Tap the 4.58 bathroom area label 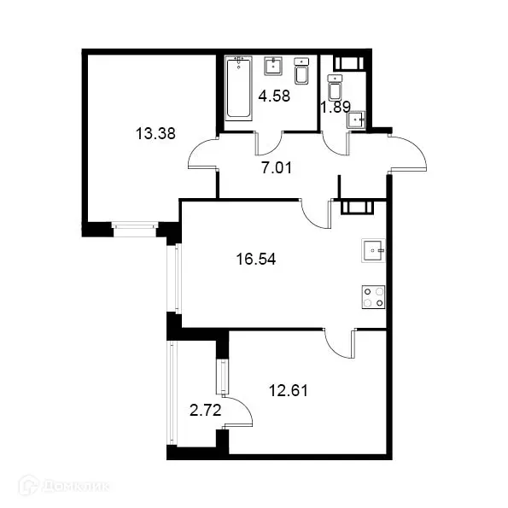click(x=275, y=96)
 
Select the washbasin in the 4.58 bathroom click(x=274, y=65)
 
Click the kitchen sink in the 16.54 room click(x=373, y=251)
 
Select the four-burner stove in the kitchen click(x=373, y=296)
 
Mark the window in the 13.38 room click(x=135, y=227)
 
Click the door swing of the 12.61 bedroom click(x=338, y=344)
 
